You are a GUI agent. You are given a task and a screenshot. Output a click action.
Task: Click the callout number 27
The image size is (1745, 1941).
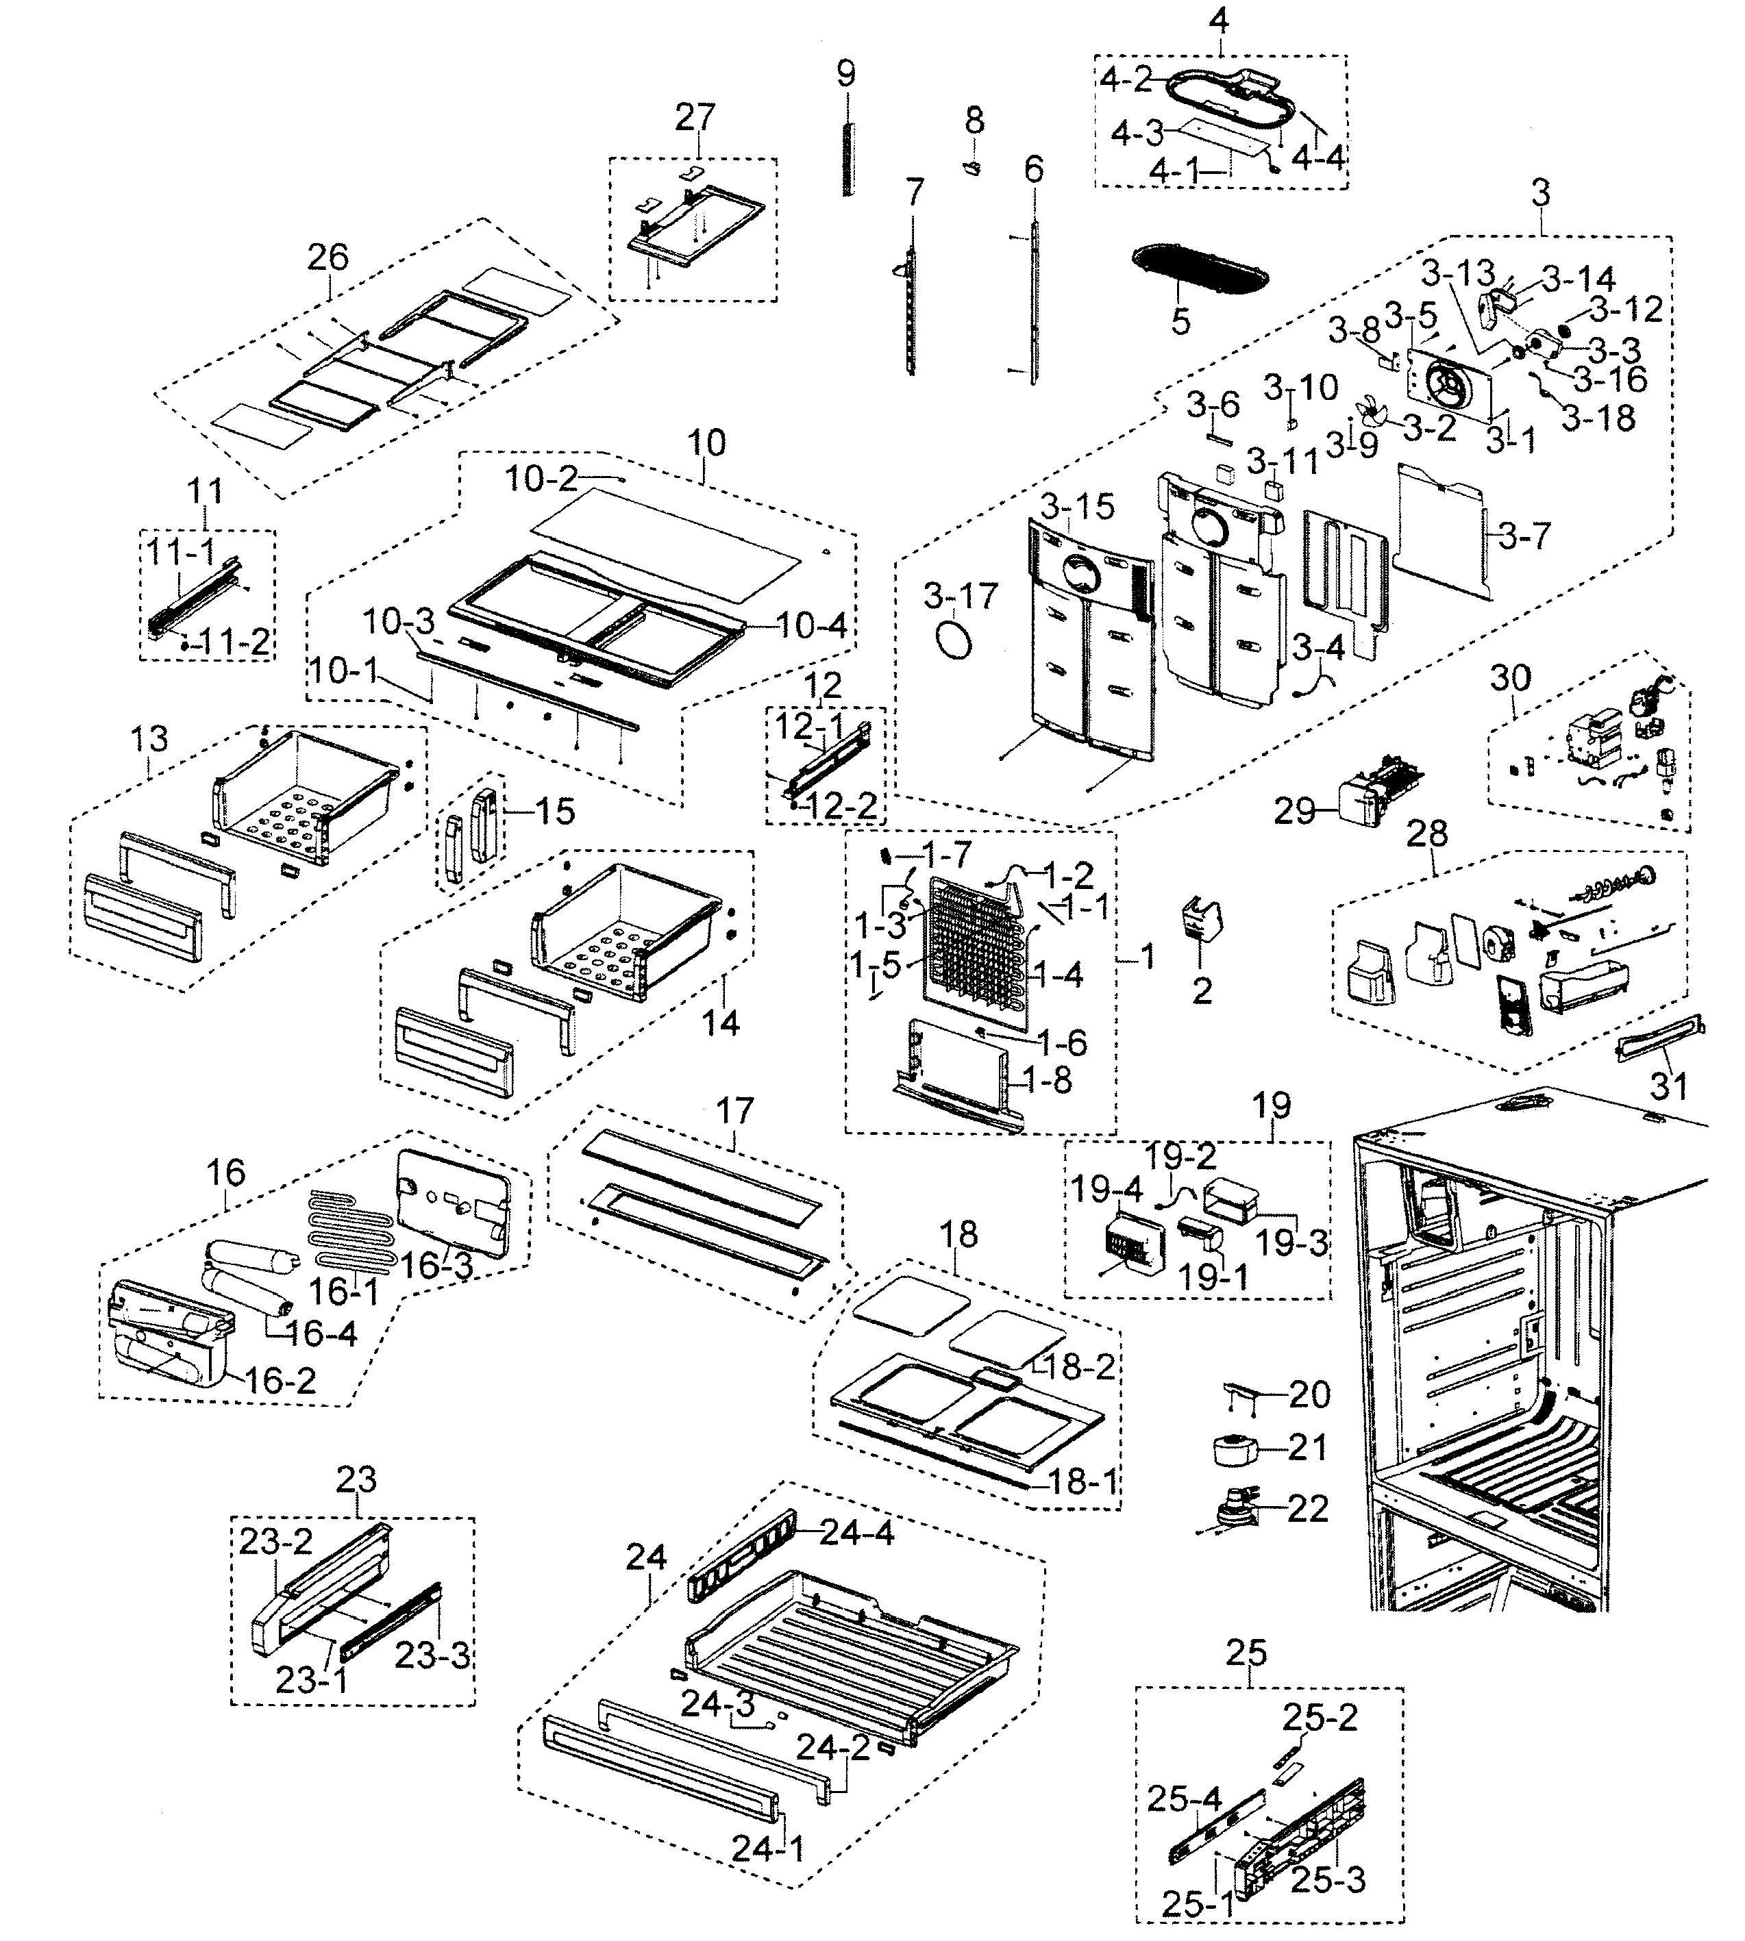click(x=695, y=117)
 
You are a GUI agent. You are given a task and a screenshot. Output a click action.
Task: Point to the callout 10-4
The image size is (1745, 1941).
click(x=811, y=626)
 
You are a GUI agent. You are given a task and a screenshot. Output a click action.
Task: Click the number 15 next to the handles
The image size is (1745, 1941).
click(x=554, y=811)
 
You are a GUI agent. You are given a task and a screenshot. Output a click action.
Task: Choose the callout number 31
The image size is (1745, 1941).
click(x=1668, y=1086)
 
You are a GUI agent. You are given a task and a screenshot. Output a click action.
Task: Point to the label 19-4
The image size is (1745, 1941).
click(x=1107, y=1190)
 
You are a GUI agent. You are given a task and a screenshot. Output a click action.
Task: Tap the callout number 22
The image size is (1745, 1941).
click(x=1309, y=1509)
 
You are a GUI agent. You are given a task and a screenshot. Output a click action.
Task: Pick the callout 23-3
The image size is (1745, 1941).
click(x=432, y=1655)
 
